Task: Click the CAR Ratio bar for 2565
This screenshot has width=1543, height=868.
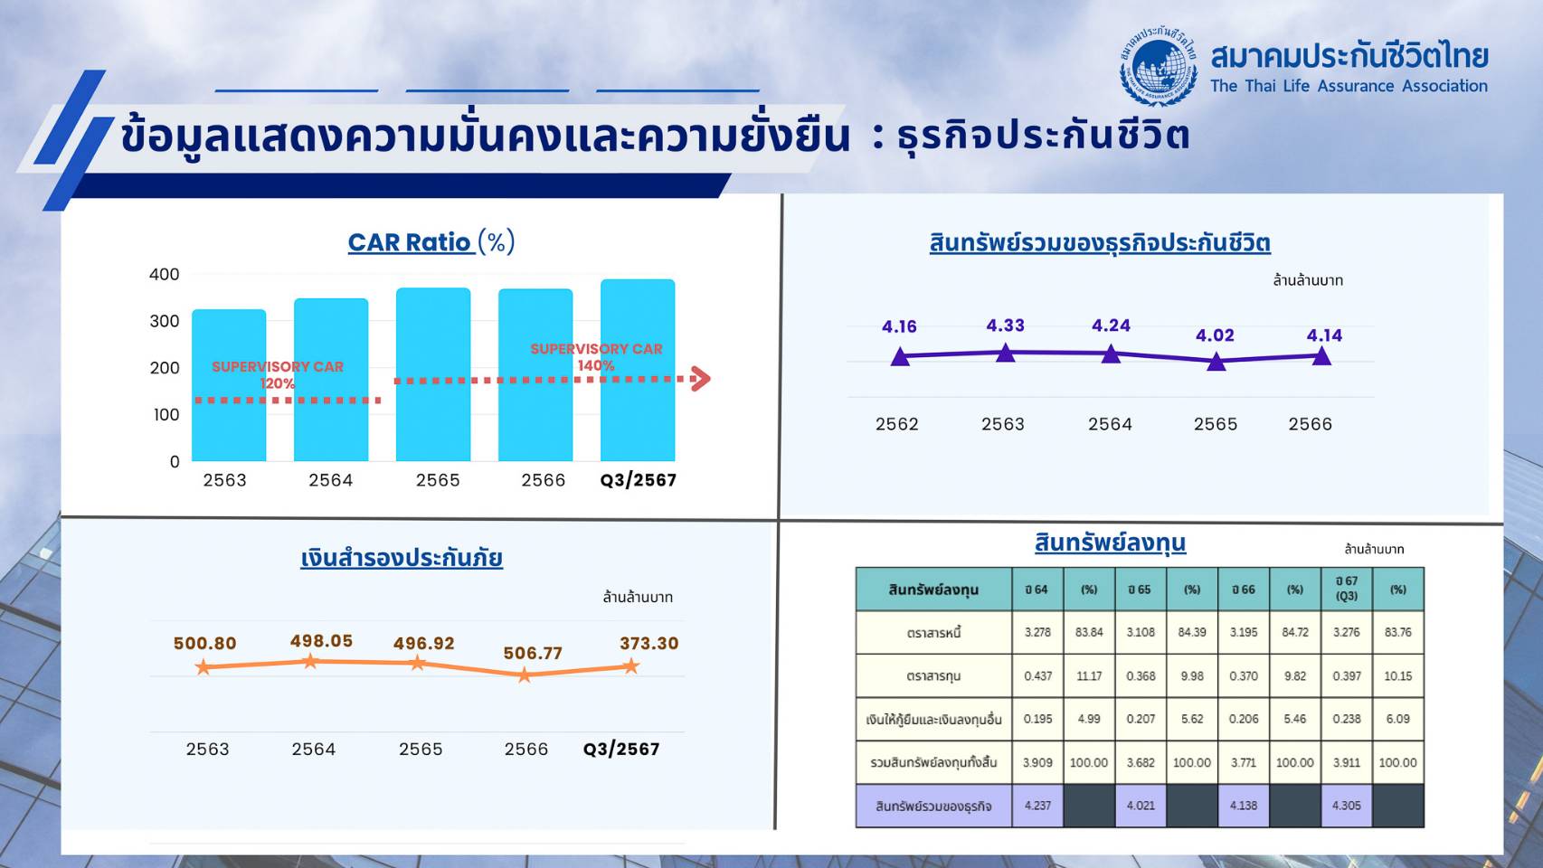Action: [x=433, y=374]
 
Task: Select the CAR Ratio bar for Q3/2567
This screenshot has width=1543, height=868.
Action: [x=638, y=370]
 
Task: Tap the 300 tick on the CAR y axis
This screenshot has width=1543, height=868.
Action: [x=165, y=321]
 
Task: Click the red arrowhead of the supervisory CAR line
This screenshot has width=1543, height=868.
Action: [x=701, y=379]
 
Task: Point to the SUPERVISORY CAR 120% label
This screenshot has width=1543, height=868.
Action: [x=278, y=374]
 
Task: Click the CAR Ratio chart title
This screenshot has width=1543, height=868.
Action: [x=431, y=242]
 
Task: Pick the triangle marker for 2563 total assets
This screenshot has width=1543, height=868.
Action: [x=1006, y=353]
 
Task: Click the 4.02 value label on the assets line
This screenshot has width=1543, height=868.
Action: [x=1215, y=335]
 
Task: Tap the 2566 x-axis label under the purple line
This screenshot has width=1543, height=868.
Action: [x=1311, y=424]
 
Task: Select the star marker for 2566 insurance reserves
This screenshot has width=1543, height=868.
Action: [x=525, y=675]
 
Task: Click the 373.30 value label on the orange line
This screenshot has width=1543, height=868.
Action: [x=648, y=644]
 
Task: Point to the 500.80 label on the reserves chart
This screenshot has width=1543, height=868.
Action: [x=204, y=644]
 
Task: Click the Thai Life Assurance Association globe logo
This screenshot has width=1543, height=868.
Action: [x=1159, y=66]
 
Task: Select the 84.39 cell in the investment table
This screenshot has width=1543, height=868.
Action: [x=1192, y=632]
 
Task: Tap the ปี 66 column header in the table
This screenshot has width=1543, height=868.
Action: [x=1244, y=590]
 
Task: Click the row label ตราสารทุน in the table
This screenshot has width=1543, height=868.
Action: [x=933, y=675]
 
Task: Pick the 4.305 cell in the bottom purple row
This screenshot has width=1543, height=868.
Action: [x=1347, y=806]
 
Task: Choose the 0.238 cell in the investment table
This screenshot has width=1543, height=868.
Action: [x=1347, y=719]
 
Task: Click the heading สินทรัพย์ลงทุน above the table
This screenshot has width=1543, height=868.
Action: [x=1111, y=543]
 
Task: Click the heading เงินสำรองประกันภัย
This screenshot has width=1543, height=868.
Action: [x=402, y=558]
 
